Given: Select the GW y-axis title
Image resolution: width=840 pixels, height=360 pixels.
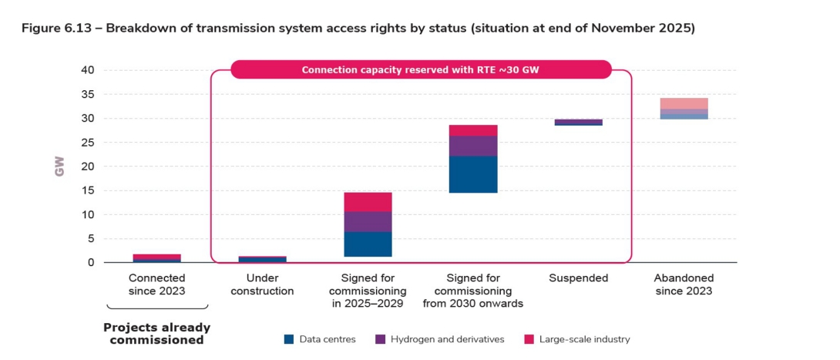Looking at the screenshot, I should (59, 167).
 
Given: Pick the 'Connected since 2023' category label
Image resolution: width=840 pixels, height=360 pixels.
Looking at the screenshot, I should (156, 284).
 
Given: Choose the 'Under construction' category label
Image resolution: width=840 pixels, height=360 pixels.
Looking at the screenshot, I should (264, 284).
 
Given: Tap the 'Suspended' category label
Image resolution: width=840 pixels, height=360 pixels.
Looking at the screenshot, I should (578, 278).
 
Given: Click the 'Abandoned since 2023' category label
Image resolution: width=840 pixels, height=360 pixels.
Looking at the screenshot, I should (684, 284).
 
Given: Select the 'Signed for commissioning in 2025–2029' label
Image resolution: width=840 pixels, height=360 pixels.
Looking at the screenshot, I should (368, 291).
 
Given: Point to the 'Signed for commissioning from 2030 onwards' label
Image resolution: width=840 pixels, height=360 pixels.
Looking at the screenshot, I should (473, 291).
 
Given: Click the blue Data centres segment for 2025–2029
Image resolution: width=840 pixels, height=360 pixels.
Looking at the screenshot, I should (368, 244).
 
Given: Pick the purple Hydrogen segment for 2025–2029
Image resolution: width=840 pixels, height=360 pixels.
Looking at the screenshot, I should (368, 221).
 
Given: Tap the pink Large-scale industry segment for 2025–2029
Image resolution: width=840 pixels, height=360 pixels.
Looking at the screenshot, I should (368, 201).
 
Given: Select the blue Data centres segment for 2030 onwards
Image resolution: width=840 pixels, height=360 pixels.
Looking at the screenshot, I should (473, 174).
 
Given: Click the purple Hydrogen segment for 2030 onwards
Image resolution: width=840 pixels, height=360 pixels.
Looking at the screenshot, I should (473, 146).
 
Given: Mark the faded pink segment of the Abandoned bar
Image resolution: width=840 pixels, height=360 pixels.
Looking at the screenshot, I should (684, 103).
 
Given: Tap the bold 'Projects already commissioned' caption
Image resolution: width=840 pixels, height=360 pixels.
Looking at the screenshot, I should (156, 333).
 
